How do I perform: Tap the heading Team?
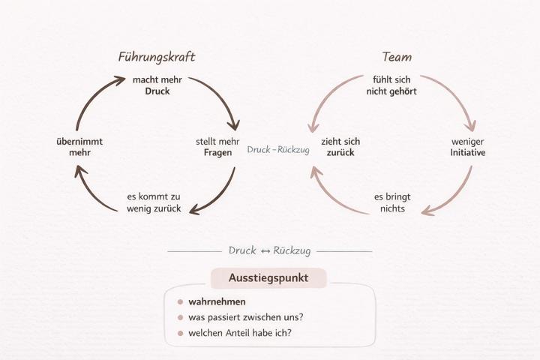coord(397,57)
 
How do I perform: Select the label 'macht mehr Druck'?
coord(157,85)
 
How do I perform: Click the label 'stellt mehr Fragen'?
coord(218,146)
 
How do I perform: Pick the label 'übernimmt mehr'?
coord(79,146)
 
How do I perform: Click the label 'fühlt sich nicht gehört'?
coord(391,85)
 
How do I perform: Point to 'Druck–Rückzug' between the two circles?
coord(273,150)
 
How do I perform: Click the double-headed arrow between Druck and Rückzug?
coord(265,250)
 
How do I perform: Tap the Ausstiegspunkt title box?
coord(268,278)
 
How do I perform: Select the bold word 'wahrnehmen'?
coord(217,302)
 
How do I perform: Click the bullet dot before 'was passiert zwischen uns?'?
coord(180,317)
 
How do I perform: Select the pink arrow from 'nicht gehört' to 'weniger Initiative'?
coord(457,95)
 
